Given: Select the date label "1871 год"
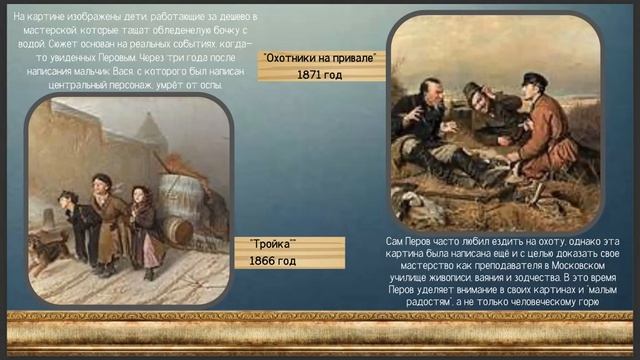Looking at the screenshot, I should pyautogui.click(x=320, y=74).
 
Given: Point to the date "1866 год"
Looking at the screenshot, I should pyautogui.click(x=273, y=261).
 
